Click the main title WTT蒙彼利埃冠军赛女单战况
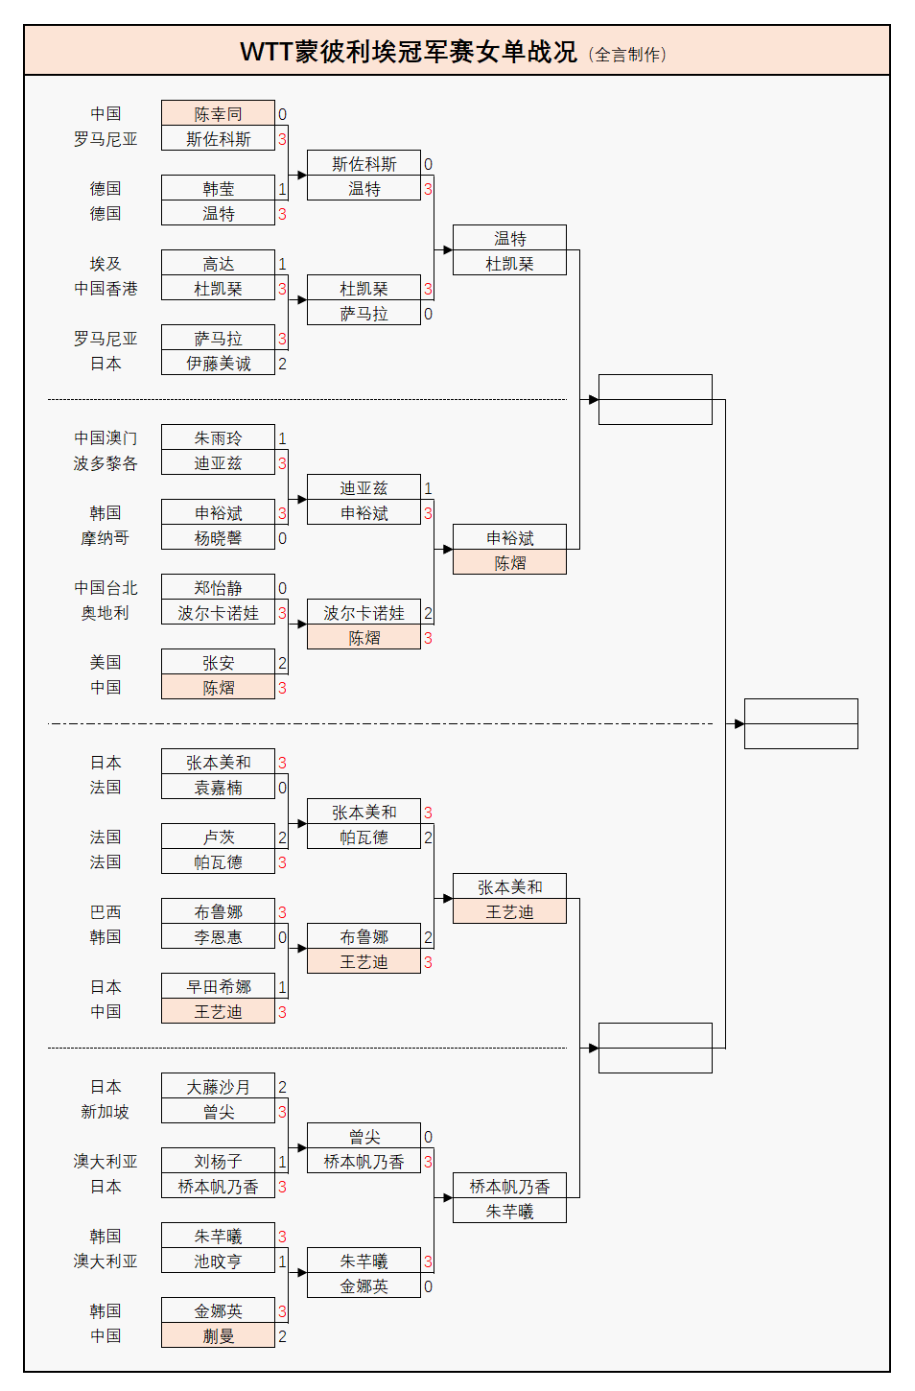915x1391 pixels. tap(408, 52)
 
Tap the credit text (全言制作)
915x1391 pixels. tap(627, 55)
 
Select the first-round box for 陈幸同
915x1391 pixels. tap(218, 114)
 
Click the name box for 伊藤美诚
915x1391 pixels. tap(218, 364)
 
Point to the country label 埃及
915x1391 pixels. tap(106, 264)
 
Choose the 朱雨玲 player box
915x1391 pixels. tap(218, 438)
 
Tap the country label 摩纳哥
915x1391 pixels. tap(106, 538)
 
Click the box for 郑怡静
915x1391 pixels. tap(218, 588)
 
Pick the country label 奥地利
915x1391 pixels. tap(106, 613)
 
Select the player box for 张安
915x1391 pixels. tap(218, 663)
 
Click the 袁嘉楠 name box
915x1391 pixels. tap(218, 788)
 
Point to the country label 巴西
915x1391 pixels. tap(106, 912)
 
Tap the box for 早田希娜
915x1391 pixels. tap(218, 987)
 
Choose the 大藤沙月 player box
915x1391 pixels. tap(218, 1087)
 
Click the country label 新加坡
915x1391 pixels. tap(106, 1112)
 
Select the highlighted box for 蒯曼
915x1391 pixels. tap(218, 1336)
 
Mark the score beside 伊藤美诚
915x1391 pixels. tap(283, 364)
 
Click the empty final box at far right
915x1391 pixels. tap(801, 724)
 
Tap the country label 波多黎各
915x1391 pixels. tap(106, 463)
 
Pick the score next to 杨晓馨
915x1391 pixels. tap(283, 538)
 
